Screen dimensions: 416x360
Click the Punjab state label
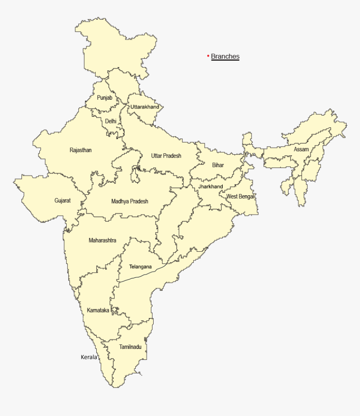tap(105, 98)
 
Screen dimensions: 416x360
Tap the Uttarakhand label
tap(144, 107)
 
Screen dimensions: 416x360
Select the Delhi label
tap(111, 121)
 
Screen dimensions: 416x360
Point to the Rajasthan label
tap(81, 150)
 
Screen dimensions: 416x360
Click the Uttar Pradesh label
tap(166, 156)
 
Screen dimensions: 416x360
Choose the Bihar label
tap(218, 165)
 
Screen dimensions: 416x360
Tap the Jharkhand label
tap(211, 186)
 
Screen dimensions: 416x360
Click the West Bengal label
tap(240, 196)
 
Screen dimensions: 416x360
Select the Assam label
tap(301, 150)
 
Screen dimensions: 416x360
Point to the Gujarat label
tap(62, 201)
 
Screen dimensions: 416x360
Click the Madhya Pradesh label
tap(130, 202)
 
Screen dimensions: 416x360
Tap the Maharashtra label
tap(103, 240)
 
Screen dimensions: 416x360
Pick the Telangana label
tap(140, 266)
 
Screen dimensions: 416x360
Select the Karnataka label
tap(98, 310)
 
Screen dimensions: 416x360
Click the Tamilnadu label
tap(130, 347)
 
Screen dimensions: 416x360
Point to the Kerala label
tap(89, 357)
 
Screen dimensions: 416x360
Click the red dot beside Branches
tap(208, 56)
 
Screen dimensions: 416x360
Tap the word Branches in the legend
tap(225, 57)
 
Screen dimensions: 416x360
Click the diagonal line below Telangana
tap(142, 274)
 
